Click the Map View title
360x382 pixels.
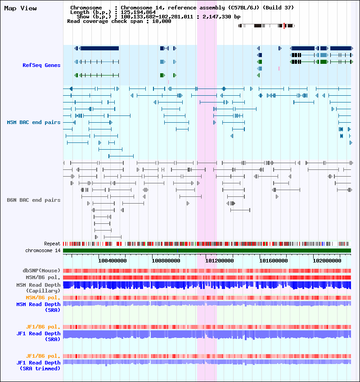pos(20,8)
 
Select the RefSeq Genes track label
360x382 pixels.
pos(41,65)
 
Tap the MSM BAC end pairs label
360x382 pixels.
pos(34,122)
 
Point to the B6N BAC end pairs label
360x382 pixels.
pos(34,200)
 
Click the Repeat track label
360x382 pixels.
pos(52,244)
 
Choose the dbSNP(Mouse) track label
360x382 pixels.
pos(41,271)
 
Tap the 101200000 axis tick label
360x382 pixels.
pos(220,260)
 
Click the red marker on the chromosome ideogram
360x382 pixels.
pos(284,26)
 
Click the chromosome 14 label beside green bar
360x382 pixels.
pos(43,250)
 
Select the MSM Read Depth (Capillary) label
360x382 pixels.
pos(39,288)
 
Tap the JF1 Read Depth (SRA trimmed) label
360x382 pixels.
pos(39,365)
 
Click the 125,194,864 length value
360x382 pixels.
pos(138,12)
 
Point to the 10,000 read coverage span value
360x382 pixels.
pos(161,21)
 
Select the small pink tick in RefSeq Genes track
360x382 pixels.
pos(279,68)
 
